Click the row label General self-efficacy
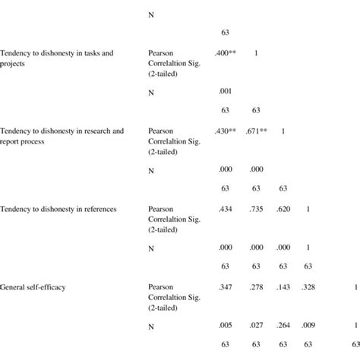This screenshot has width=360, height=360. point(36,287)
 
